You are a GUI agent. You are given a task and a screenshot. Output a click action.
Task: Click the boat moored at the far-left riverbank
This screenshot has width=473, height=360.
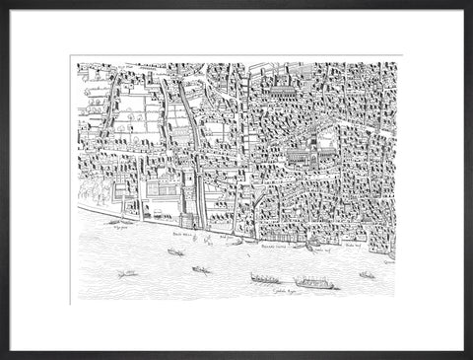121,222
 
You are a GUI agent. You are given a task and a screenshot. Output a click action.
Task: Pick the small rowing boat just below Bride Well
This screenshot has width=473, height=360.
175,252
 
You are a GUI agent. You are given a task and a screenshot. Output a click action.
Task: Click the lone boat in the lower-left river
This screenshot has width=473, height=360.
127,273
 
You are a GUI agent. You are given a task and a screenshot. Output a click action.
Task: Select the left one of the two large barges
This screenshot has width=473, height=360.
264,278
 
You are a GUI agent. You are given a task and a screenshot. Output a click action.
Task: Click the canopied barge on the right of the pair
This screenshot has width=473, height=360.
314,283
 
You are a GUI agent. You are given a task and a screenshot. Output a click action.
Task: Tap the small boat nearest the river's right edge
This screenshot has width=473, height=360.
367,274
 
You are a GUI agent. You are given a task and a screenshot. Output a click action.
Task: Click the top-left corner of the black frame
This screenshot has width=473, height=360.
2,2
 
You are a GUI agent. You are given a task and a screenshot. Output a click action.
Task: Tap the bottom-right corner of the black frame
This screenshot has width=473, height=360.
470,357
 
